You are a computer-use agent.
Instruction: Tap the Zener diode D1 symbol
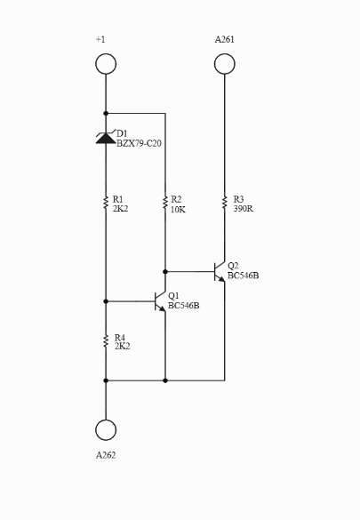[106, 138]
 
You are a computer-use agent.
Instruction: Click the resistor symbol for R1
[106, 203]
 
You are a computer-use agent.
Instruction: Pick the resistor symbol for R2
[165, 203]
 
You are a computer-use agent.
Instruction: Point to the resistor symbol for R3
[224, 203]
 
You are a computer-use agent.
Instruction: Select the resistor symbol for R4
[106, 341]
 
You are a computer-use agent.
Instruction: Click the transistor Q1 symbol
[160, 301]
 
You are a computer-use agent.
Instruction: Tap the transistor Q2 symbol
[220, 272]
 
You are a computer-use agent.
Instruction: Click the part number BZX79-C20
[139, 144]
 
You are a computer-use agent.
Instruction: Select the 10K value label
[178, 210]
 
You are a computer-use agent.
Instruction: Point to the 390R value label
[244, 209]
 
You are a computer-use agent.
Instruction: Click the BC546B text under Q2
[243, 276]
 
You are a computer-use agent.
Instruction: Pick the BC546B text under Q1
[184, 306]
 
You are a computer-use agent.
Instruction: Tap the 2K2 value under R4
[122, 347]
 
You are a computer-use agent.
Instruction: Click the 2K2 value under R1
[120, 209]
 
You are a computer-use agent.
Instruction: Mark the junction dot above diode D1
[106, 114]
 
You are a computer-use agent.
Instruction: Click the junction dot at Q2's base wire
[165, 272]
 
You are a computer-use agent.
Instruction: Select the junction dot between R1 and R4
[106, 301]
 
